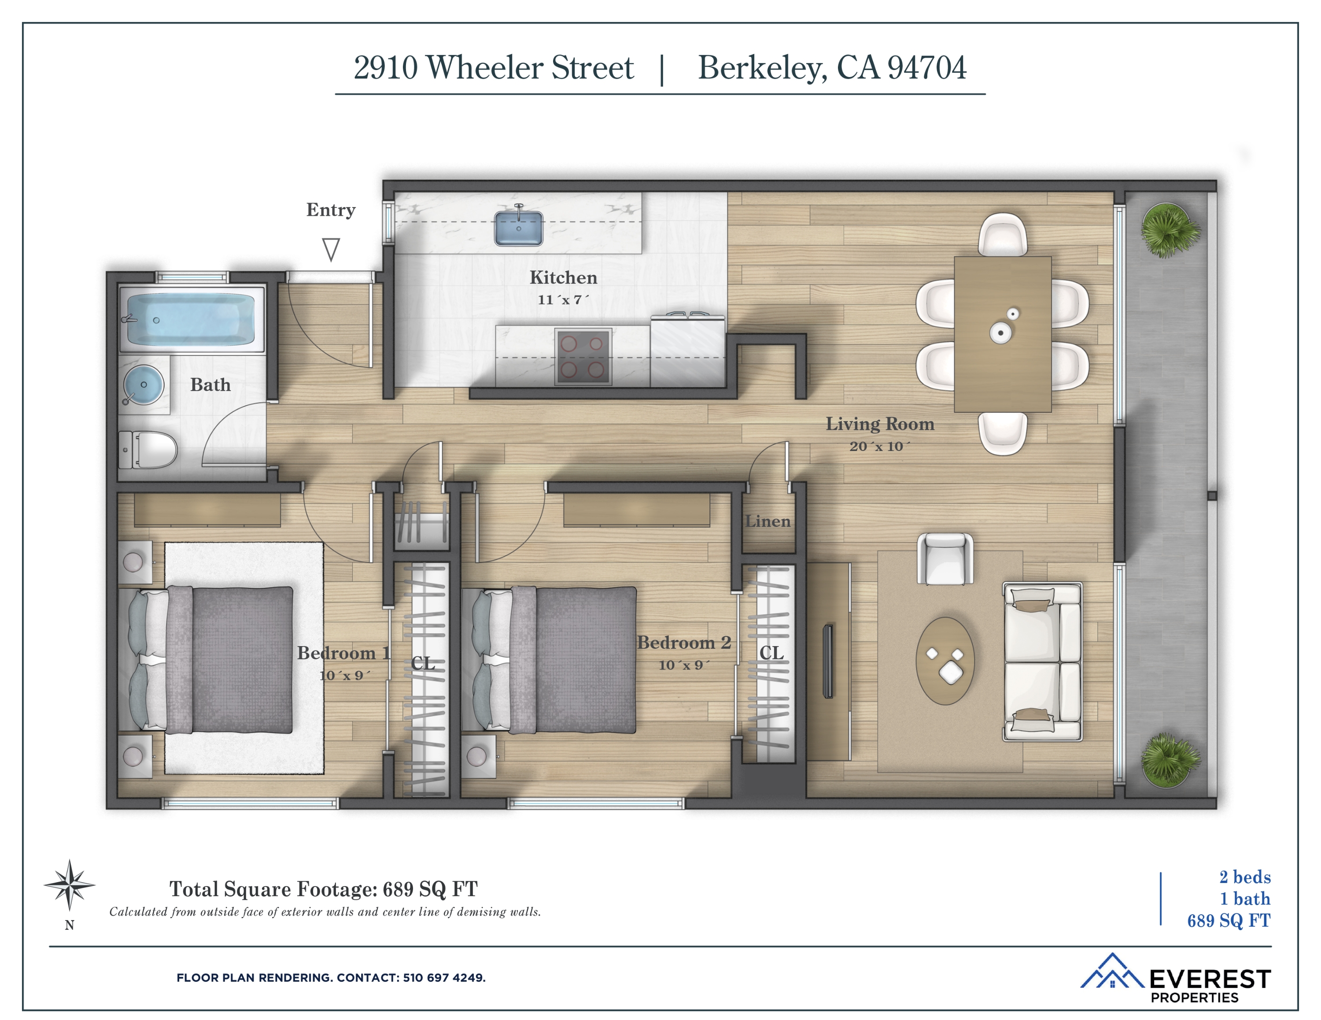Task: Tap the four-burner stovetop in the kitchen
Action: (x=583, y=356)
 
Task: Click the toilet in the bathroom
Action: (x=149, y=450)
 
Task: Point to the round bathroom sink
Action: (x=144, y=385)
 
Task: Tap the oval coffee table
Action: (x=945, y=661)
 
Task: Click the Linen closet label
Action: (x=768, y=521)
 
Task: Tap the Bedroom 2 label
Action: (x=683, y=643)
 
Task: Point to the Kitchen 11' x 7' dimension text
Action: (x=562, y=299)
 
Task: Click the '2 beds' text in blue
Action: (x=1244, y=876)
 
